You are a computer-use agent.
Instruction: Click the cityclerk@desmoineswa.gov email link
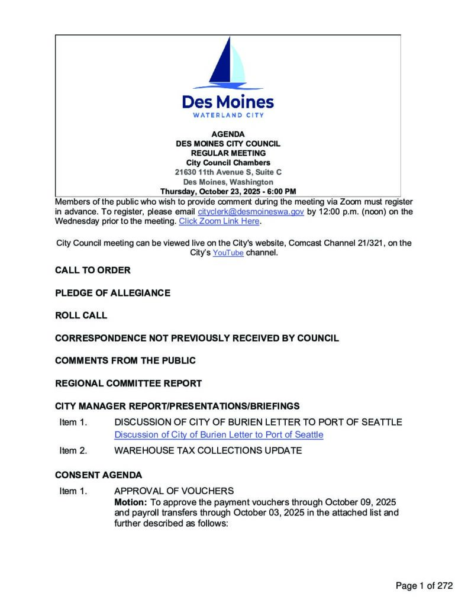pyautogui.click(x=251, y=212)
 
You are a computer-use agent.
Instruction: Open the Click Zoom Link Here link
pyautogui.click(x=219, y=221)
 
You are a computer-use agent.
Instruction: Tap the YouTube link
pyautogui.click(x=228, y=253)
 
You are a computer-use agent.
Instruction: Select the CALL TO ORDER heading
pyautogui.click(x=93, y=270)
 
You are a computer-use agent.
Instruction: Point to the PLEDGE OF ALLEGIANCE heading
pyautogui.click(x=112, y=293)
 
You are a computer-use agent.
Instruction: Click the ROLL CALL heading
pyautogui.click(x=81, y=315)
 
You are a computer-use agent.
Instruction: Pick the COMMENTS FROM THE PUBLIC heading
pyautogui.click(x=125, y=360)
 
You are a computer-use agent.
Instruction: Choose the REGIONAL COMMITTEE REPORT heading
pyautogui.click(x=128, y=383)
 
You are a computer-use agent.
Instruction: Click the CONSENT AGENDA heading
pyautogui.click(x=98, y=475)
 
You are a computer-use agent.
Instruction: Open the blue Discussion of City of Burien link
pyautogui.click(x=219, y=435)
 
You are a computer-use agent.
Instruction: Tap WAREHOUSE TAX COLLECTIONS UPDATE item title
pyautogui.click(x=208, y=451)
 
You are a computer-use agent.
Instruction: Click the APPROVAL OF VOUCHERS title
pyautogui.click(x=174, y=491)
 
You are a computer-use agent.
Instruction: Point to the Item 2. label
pyautogui.click(x=73, y=451)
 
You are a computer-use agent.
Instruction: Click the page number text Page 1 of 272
pyautogui.click(x=424, y=586)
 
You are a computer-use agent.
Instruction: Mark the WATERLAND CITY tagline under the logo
pyautogui.click(x=228, y=115)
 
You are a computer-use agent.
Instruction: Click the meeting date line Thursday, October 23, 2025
pyautogui.click(x=228, y=192)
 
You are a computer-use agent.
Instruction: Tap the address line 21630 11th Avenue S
pyautogui.click(x=228, y=172)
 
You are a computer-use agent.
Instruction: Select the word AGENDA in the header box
pyautogui.click(x=228, y=134)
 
